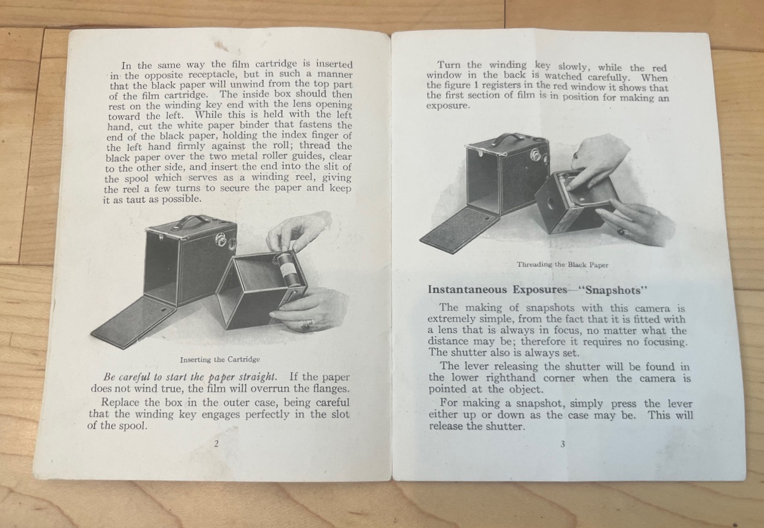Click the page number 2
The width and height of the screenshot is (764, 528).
[216, 444]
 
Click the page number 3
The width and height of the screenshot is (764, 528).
[562, 444]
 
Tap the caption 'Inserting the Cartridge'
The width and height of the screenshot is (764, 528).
[220, 360]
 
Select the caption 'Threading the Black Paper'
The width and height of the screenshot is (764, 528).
[562, 264]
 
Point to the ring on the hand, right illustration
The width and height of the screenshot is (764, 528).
[622, 232]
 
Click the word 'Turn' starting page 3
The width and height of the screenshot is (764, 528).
[450, 65]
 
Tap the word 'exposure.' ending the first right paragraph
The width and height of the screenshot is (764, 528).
[448, 106]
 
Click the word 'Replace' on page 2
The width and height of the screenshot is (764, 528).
[120, 402]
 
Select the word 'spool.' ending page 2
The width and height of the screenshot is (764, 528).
[132, 426]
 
